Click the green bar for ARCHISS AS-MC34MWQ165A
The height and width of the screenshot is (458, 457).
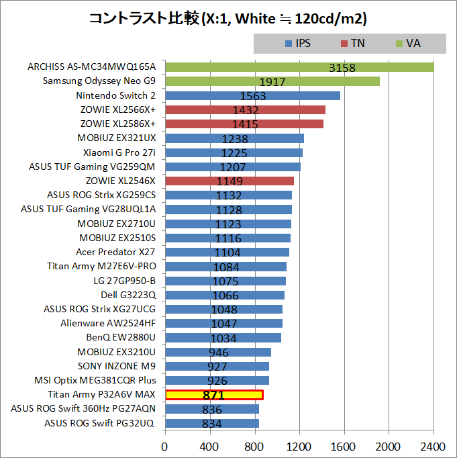pos(299,67)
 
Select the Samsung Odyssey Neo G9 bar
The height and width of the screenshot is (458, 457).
pos(272,81)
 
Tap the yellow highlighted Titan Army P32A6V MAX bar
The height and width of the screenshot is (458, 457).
pos(214,395)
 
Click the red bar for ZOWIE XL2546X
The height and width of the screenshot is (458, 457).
pos(229,181)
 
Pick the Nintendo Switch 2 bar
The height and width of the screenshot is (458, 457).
pos(252,95)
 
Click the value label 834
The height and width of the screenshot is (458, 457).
pos(213,424)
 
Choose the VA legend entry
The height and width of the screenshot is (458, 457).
pos(409,43)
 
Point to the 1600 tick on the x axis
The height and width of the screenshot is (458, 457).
pos(344,446)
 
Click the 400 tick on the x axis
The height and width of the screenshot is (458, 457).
pos(210,446)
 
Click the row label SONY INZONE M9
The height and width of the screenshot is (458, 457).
pos(119,366)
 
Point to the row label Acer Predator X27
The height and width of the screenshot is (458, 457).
pos(115,252)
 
